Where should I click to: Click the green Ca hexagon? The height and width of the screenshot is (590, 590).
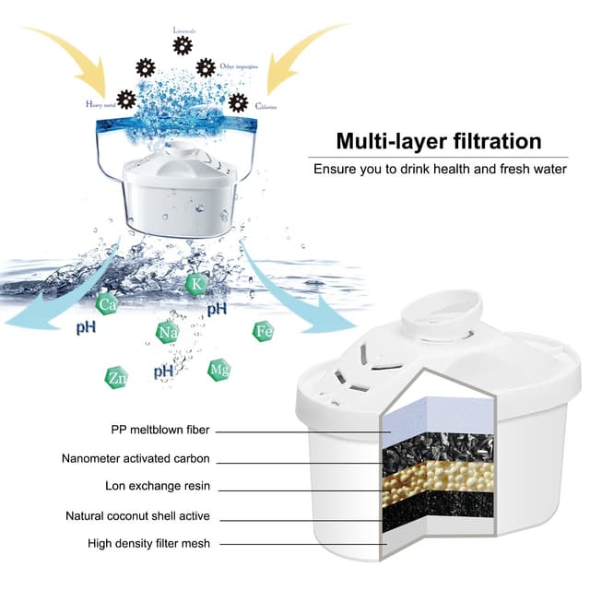[108, 302]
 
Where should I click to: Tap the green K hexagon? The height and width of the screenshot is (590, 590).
[195, 283]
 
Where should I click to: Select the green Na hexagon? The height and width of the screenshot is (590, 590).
[167, 332]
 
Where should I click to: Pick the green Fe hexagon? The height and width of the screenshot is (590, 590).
[264, 331]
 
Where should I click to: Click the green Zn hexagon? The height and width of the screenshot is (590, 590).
[116, 376]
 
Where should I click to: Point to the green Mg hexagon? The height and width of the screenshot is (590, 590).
[218, 370]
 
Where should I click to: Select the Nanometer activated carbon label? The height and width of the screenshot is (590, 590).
[136, 458]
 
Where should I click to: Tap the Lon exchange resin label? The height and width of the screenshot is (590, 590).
[158, 486]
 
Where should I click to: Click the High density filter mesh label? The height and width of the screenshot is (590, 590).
[148, 544]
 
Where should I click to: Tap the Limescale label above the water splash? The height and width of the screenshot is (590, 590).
[184, 29]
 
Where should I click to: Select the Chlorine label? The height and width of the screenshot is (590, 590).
[267, 106]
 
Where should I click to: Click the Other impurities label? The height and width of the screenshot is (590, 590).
[237, 66]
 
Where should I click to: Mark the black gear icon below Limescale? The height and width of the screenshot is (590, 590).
[183, 45]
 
